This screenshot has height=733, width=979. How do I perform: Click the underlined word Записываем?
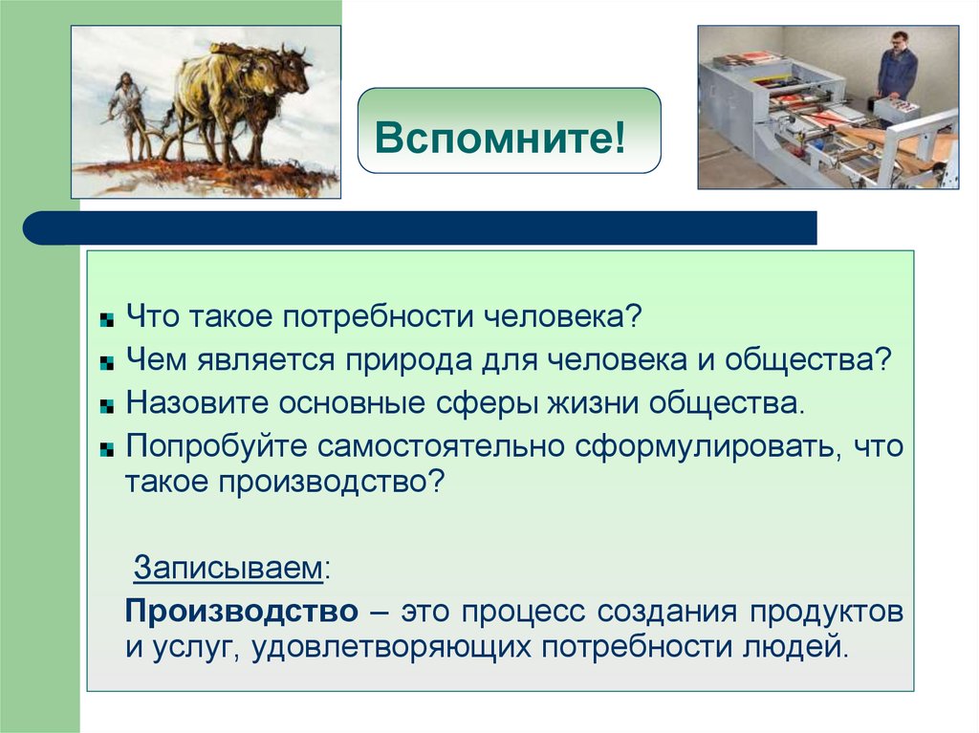[x=228, y=567]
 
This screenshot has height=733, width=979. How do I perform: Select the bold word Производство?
[x=241, y=610]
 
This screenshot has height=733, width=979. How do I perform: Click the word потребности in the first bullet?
[x=383, y=316]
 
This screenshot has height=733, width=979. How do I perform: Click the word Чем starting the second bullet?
[x=155, y=360]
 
